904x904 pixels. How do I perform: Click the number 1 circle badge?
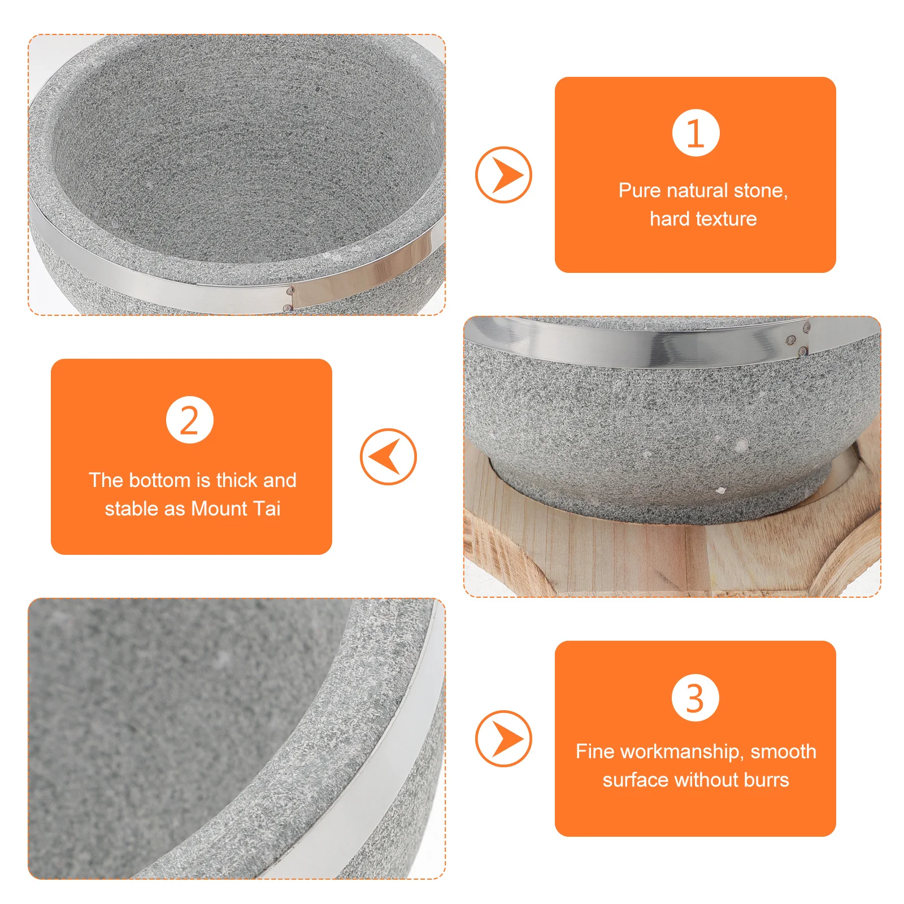[696, 133]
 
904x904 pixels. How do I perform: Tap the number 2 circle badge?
[190, 420]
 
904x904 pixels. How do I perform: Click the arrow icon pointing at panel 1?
[503, 175]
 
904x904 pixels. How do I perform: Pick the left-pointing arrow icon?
[388, 457]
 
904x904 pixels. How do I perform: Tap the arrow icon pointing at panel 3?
[503, 738]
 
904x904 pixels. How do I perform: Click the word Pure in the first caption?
[640, 190]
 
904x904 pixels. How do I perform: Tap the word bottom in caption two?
[159, 480]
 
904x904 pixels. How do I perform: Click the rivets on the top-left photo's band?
[289, 298]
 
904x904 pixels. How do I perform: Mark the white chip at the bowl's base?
[720, 490]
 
